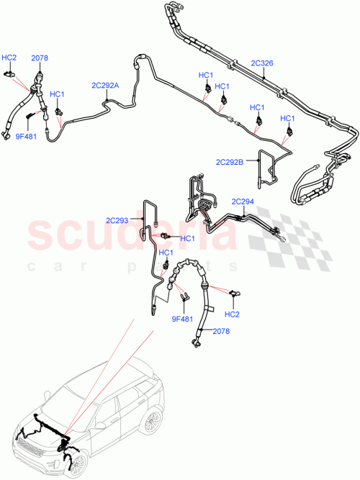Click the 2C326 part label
pyautogui.click(x=261, y=63)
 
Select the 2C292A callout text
pyautogui.click(x=105, y=85)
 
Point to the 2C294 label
pyautogui.click(x=243, y=201)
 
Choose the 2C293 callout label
pyautogui.click(x=118, y=221)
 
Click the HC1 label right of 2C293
pyautogui.click(x=188, y=239)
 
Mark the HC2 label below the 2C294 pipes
pyautogui.click(x=232, y=314)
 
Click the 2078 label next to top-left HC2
pyautogui.click(x=39, y=57)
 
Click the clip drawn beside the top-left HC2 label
pyautogui.click(x=11, y=71)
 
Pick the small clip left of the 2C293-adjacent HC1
pyautogui.click(x=165, y=235)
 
